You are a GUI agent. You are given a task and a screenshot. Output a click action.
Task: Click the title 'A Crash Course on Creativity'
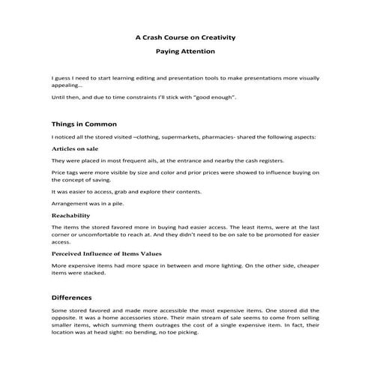pyautogui.click(x=185, y=37)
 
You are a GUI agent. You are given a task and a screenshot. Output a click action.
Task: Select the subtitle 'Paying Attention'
pyautogui.click(x=185, y=52)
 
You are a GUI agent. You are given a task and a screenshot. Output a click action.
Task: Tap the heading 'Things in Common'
pyautogui.click(x=84, y=124)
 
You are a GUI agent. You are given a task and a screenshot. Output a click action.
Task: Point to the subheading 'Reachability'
pyautogui.click(x=70, y=215)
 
